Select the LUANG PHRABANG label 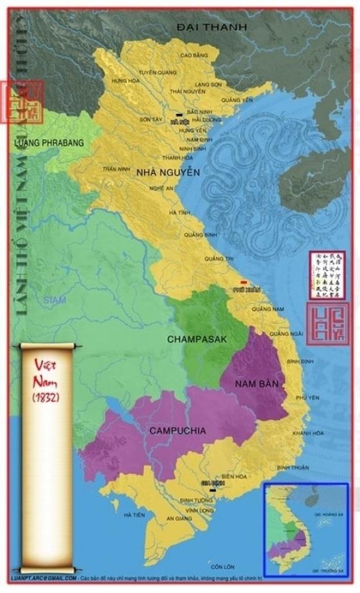48,143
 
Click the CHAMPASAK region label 197,338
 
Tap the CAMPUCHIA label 177,430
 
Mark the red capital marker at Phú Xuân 243,282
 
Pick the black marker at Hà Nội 178,116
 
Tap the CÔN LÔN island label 224,566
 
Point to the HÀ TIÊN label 134,515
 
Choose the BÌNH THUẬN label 293,467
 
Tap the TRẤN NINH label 113,169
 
